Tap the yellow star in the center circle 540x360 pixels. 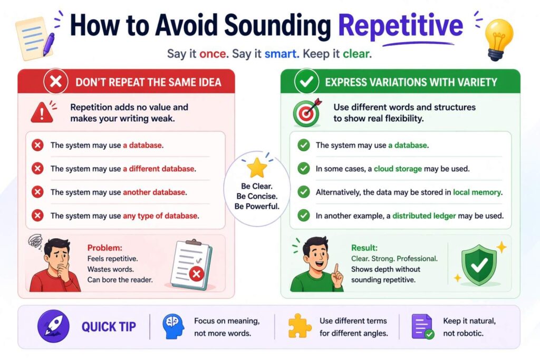257,168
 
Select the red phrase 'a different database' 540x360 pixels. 159,169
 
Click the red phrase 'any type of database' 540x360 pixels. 160,215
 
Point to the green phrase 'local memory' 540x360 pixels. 477,192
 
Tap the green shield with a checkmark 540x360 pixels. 479,264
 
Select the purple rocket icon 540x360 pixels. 53,327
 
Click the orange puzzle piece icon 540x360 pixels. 299,326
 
